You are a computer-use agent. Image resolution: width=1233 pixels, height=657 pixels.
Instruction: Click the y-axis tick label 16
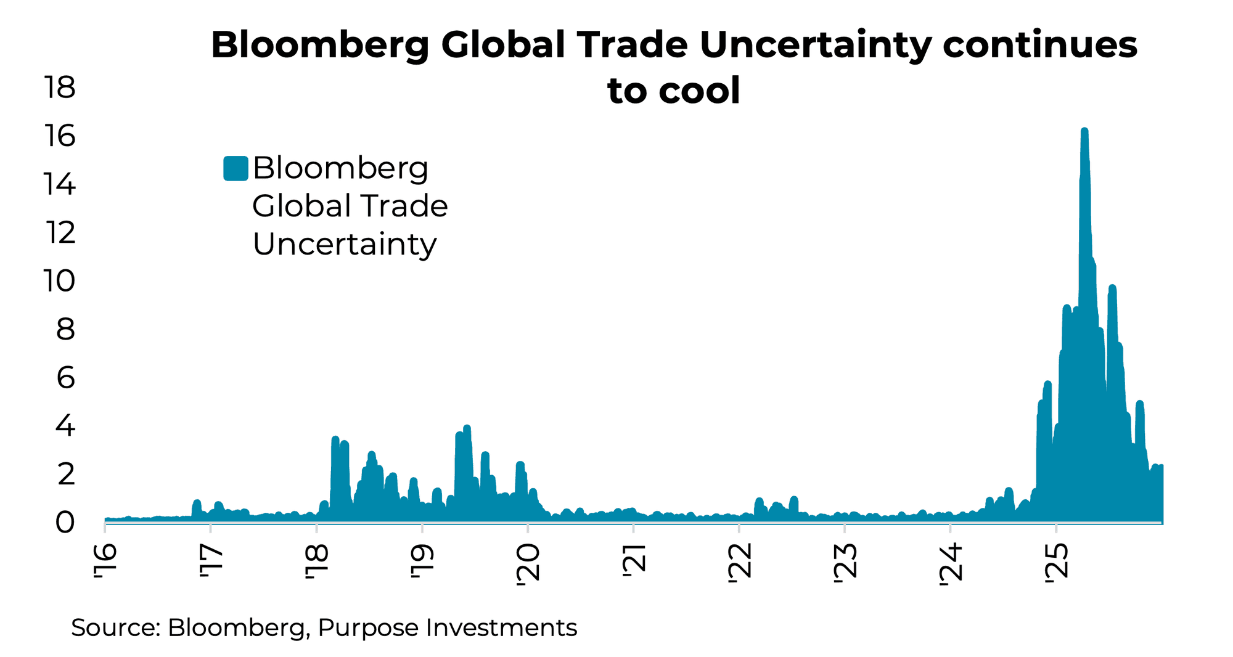pos(59,136)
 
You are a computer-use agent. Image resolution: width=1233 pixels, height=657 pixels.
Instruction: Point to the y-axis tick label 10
pos(59,281)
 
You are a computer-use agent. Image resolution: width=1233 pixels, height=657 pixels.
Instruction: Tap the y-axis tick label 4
pos(65,426)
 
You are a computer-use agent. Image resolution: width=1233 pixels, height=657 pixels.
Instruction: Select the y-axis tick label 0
pos(65,523)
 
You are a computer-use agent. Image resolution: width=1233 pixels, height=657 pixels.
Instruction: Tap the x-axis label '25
pos(1056,561)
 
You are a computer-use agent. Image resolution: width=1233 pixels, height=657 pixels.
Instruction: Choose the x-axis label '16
pos(105,561)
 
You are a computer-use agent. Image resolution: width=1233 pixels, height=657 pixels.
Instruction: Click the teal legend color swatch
pos(236,168)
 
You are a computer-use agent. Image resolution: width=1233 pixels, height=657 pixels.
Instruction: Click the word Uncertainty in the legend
pos(345,244)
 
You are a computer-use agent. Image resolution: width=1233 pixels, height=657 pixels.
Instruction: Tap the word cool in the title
pos(699,91)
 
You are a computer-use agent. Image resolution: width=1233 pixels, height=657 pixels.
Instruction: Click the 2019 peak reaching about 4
pos(467,429)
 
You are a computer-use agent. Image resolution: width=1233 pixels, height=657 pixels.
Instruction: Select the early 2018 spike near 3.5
pos(335,440)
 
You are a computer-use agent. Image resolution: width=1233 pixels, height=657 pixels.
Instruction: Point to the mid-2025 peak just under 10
pos(1112,289)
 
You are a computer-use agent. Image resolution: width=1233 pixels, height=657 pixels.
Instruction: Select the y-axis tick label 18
pos(59,88)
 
